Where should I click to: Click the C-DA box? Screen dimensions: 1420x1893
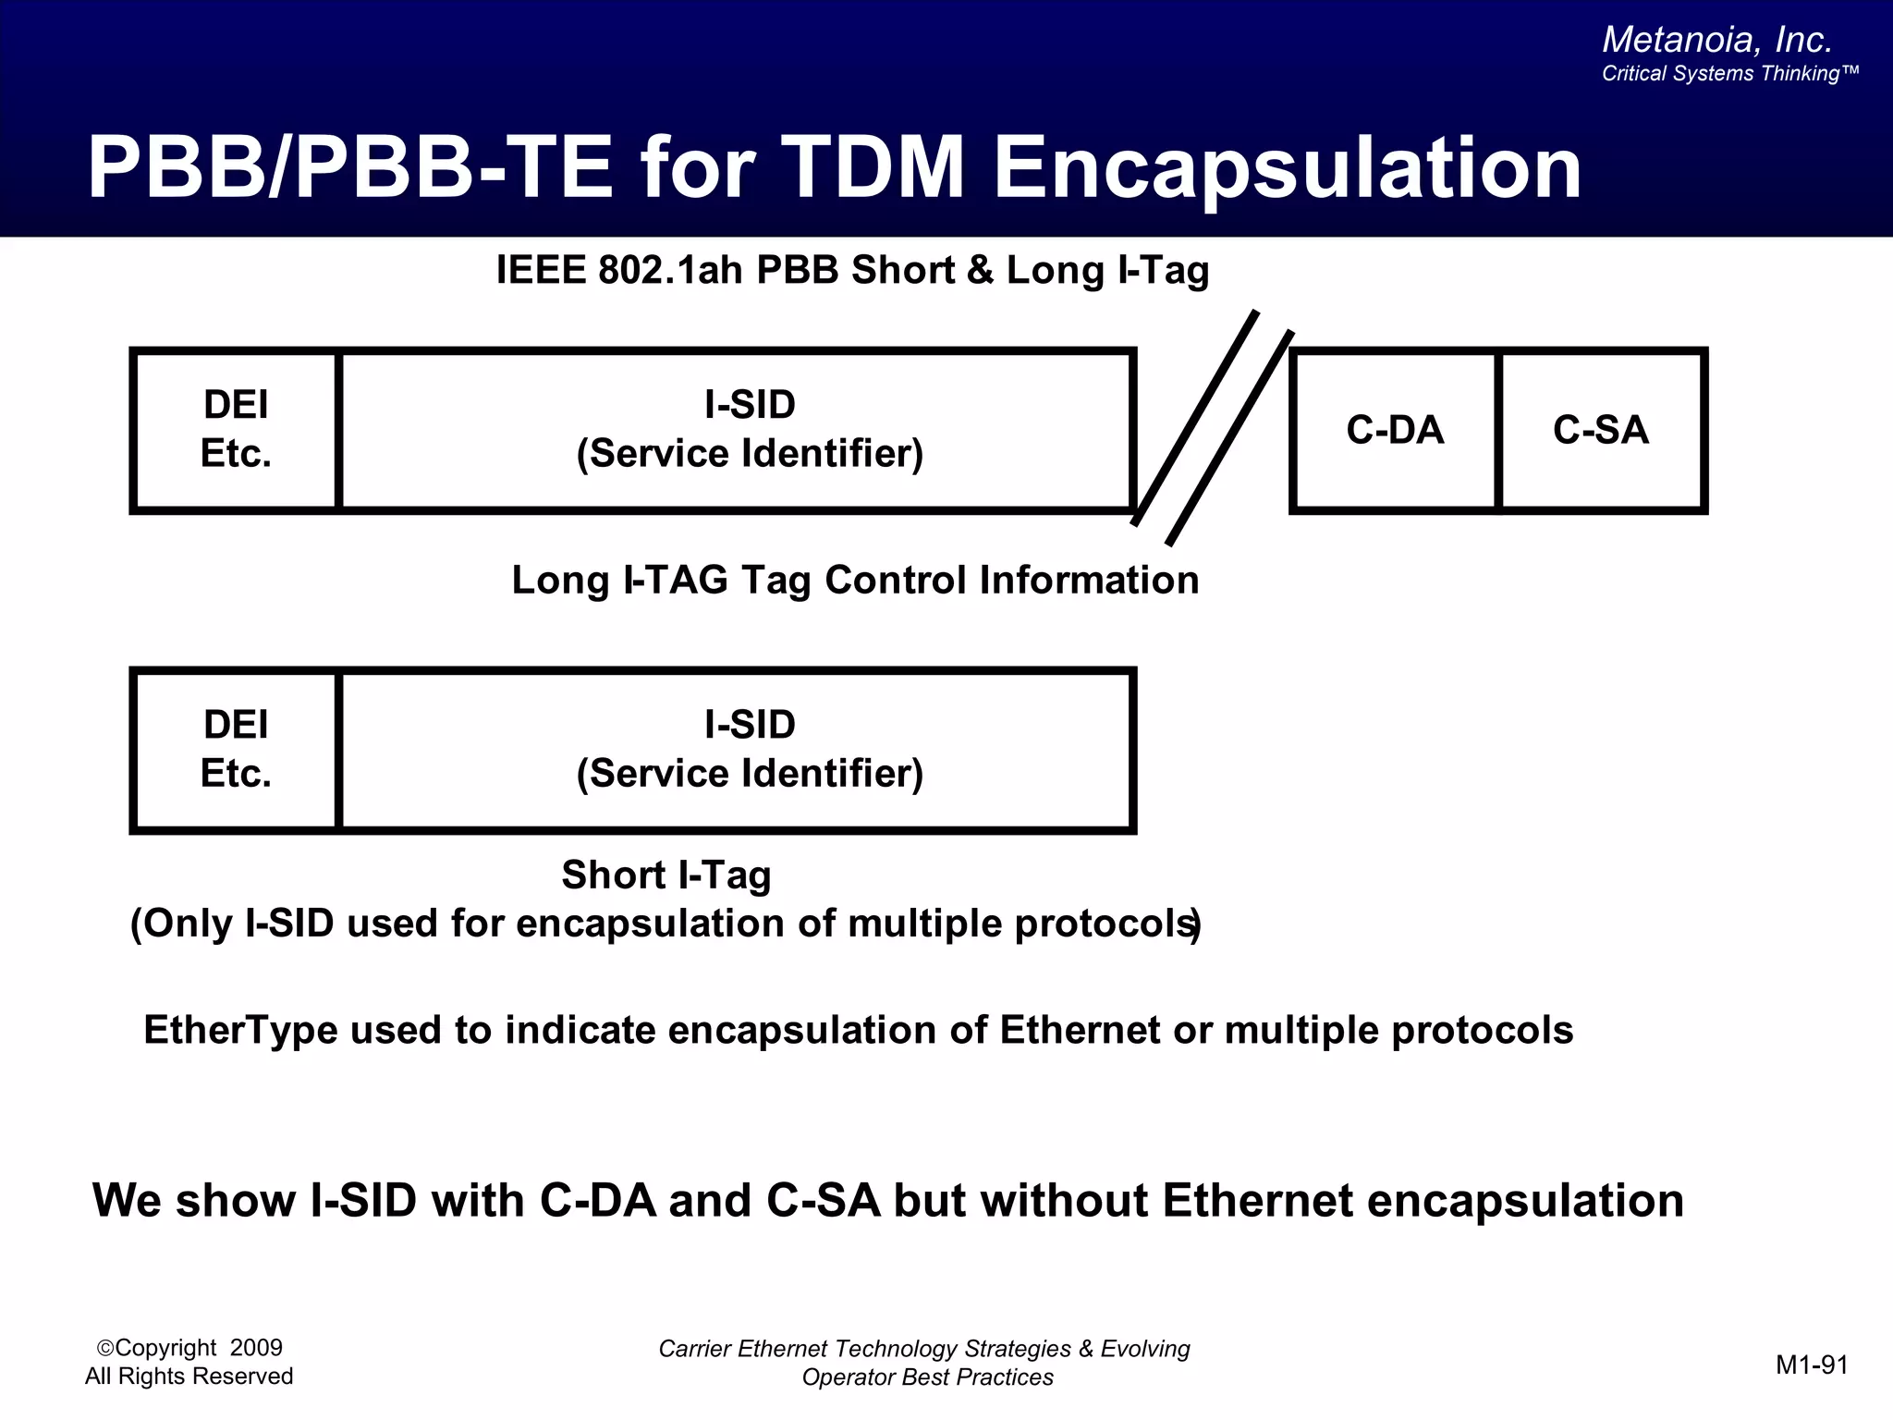1394,430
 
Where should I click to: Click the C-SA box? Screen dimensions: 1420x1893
1601,430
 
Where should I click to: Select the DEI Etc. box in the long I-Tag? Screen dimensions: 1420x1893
236,430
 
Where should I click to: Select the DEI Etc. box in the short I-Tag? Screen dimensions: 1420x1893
236,749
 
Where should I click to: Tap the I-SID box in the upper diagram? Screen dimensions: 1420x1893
749,430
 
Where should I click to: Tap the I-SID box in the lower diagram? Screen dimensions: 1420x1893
749,749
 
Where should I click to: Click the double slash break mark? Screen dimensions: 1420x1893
1213,427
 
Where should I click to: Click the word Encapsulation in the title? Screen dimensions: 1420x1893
1287,168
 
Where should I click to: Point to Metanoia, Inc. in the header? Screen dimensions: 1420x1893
1716,40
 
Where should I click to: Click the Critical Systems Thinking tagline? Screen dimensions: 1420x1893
1728,74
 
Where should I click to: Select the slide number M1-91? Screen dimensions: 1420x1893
1812,1365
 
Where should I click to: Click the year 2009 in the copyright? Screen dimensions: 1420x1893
256,1348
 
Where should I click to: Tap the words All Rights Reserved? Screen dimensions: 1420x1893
189,1377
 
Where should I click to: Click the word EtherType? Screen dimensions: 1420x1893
240,1030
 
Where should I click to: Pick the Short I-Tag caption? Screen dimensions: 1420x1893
666,875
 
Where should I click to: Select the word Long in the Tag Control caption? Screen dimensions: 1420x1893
560,581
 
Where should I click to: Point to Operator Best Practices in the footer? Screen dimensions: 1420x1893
927,1377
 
